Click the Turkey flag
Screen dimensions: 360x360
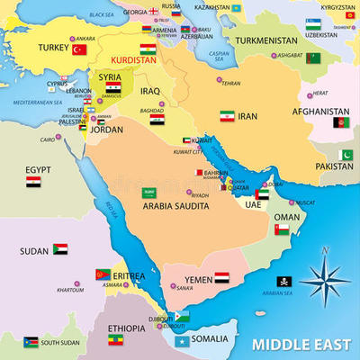point(78,50)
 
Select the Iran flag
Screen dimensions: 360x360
point(227,116)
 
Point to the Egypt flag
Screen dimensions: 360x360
point(33,181)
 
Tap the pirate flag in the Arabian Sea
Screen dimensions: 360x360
point(283,281)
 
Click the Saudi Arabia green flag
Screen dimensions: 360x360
point(149,193)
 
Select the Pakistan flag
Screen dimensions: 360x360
point(345,155)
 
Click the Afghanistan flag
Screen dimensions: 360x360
point(341,122)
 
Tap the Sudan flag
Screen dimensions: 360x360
point(59,248)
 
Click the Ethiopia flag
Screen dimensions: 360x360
point(116,341)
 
